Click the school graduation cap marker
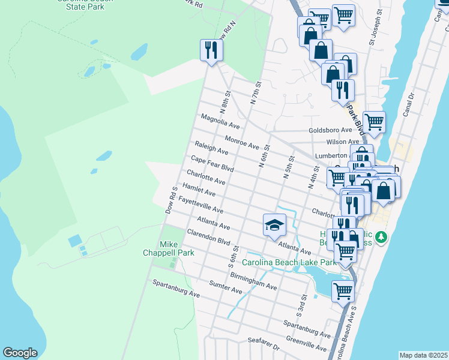[274, 225]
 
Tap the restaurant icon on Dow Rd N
[211, 50]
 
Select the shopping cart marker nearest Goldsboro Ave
[374, 122]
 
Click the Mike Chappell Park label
[177, 248]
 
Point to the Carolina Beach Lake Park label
[289, 262]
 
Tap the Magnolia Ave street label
[220, 122]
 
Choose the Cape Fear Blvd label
[212, 164]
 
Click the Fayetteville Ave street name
[200, 206]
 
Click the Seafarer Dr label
[264, 344]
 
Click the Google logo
[20, 353]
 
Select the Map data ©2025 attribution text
[423, 355]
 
